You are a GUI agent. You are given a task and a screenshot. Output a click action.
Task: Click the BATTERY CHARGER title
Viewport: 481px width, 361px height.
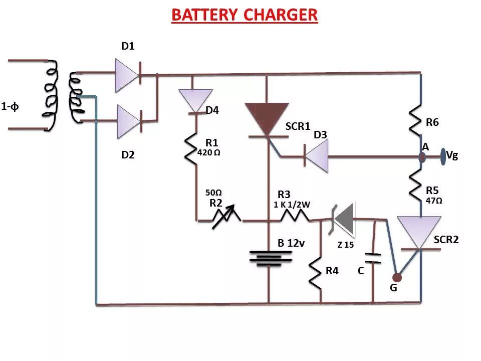245,15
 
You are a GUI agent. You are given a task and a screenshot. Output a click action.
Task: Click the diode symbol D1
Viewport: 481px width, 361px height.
127,76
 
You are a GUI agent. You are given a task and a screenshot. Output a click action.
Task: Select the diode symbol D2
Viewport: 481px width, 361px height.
128,121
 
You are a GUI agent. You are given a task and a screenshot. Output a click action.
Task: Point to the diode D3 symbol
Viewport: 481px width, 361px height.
316,157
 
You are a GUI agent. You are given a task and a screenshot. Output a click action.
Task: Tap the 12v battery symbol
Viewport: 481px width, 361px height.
271,257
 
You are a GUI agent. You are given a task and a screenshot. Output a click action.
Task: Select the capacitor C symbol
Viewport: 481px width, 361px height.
372,258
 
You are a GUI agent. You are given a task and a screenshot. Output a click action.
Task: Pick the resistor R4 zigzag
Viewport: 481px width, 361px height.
316,274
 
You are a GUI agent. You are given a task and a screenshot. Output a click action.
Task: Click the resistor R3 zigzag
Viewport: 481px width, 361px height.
295,217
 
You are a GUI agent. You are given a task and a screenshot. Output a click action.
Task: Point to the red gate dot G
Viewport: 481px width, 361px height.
396,277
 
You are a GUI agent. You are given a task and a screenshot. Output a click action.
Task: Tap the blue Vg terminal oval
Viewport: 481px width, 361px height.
443,156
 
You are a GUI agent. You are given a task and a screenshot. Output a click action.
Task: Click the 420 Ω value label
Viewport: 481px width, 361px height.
209,152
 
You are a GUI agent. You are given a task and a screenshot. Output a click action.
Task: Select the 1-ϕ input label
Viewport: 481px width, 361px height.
10,106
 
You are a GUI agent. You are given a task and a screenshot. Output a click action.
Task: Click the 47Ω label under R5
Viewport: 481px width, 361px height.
434,200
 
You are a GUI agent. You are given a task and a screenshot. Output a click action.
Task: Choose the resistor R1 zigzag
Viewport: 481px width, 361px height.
191,148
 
